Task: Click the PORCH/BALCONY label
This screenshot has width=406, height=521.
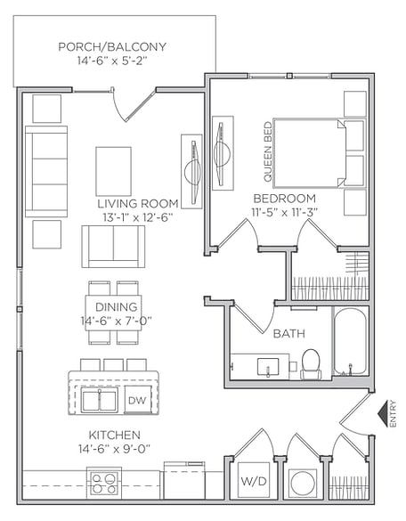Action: click(x=112, y=46)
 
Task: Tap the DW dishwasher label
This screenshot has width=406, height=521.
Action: click(x=137, y=400)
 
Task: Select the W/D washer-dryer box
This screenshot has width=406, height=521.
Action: click(x=254, y=480)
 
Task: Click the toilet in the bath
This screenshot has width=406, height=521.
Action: click(x=311, y=364)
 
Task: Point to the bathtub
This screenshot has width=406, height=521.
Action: click(x=350, y=343)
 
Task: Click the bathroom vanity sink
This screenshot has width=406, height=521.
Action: click(x=268, y=367)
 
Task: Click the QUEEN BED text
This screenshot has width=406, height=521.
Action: click(x=268, y=152)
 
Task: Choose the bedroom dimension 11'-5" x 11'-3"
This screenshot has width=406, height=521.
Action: click(x=284, y=212)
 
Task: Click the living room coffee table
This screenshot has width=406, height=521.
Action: click(x=114, y=171)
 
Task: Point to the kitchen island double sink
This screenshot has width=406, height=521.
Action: click(x=100, y=401)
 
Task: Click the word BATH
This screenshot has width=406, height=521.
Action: click(x=288, y=333)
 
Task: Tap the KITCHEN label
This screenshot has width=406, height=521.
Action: click(x=115, y=435)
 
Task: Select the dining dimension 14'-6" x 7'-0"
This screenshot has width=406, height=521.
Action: click(x=116, y=321)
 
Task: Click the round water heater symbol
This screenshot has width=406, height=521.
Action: click(x=303, y=484)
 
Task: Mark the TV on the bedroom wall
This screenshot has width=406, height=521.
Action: click(x=223, y=153)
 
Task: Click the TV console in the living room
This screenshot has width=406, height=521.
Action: click(x=191, y=172)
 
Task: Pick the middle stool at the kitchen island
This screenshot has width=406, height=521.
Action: click(x=113, y=365)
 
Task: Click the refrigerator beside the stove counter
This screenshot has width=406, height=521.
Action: click(x=184, y=480)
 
